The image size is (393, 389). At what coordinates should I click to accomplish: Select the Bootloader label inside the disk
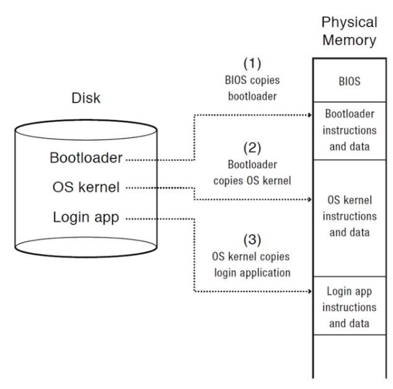[x=87, y=159]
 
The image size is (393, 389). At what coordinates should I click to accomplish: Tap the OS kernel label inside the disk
[x=86, y=187]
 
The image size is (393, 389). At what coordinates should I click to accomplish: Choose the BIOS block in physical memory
[x=348, y=81]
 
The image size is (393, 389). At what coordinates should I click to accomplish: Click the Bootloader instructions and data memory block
[x=348, y=131]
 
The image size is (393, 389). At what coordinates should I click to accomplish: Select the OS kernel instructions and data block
[x=348, y=217]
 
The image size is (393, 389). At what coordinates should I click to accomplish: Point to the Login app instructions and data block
[x=348, y=307]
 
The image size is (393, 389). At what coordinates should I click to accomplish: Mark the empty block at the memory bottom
[x=348, y=356]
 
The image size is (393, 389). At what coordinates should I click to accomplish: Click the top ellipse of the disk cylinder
[x=86, y=129]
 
